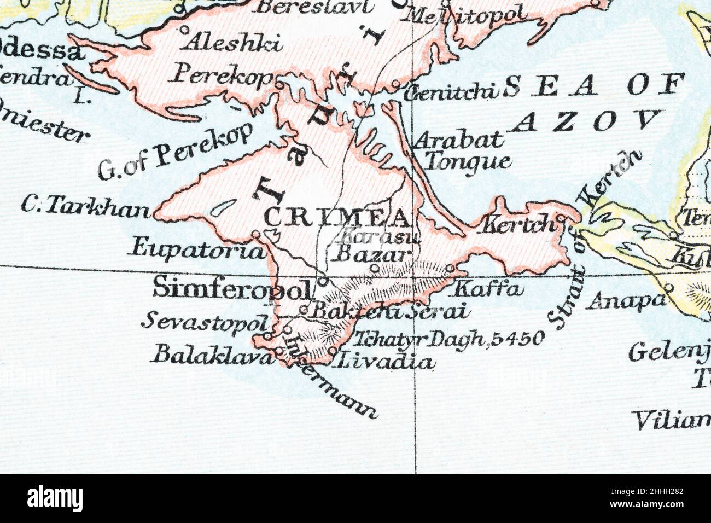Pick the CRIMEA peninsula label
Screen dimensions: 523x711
pyautogui.click(x=337, y=218)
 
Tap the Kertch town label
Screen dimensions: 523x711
pyautogui.click(x=516, y=224)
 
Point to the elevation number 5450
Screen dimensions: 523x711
pyautogui.click(x=517, y=339)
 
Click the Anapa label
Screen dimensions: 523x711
pyautogui.click(x=626, y=300)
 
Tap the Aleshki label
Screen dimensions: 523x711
pyautogui.click(x=232, y=42)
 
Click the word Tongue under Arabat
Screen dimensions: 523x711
pyautogui.click(x=468, y=161)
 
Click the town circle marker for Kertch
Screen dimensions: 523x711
pyautogui.click(x=562, y=219)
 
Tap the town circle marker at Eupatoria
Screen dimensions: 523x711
pyautogui.click(x=255, y=235)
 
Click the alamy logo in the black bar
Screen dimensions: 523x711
pyautogui.click(x=55, y=498)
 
